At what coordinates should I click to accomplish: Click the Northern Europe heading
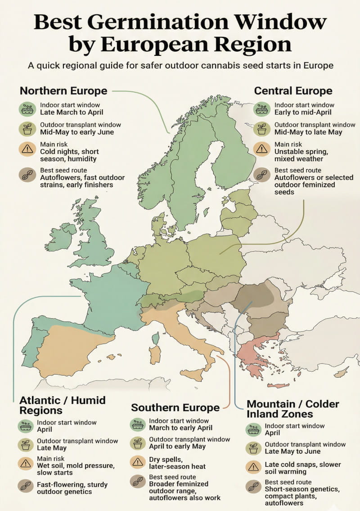click(x=63, y=91)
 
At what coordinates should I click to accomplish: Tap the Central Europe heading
click(x=293, y=91)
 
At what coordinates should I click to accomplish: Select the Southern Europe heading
click(x=175, y=408)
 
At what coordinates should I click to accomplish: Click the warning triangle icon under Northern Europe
click(x=27, y=148)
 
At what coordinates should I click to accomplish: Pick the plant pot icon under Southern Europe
click(x=138, y=443)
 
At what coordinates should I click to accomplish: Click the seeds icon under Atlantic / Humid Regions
click(x=25, y=486)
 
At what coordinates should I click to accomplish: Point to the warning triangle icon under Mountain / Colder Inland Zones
click(x=253, y=468)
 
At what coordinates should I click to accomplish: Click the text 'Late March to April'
click(x=72, y=112)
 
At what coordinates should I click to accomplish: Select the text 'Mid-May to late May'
click(x=308, y=132)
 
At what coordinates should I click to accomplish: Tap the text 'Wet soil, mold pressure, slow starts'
click(x=76, y=469)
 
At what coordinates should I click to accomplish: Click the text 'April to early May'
click(x=177, y=447)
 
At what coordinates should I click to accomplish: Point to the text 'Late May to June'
click(x=293, y=452)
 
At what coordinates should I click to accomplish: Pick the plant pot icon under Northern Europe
click(x=27, y=128)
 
